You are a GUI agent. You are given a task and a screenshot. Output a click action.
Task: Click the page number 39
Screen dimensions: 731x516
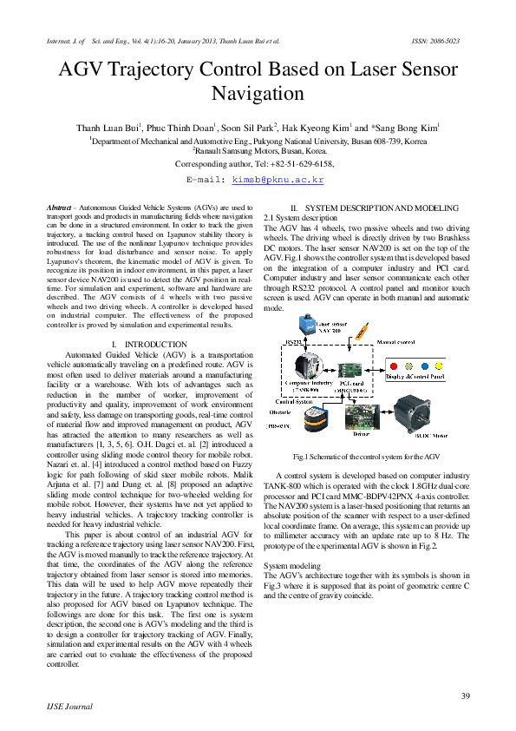[465, 695]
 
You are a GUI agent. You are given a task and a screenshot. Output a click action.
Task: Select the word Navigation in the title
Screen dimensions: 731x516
[258, 93]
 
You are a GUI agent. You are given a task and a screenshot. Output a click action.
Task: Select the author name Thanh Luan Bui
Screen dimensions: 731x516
[108, 127]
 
